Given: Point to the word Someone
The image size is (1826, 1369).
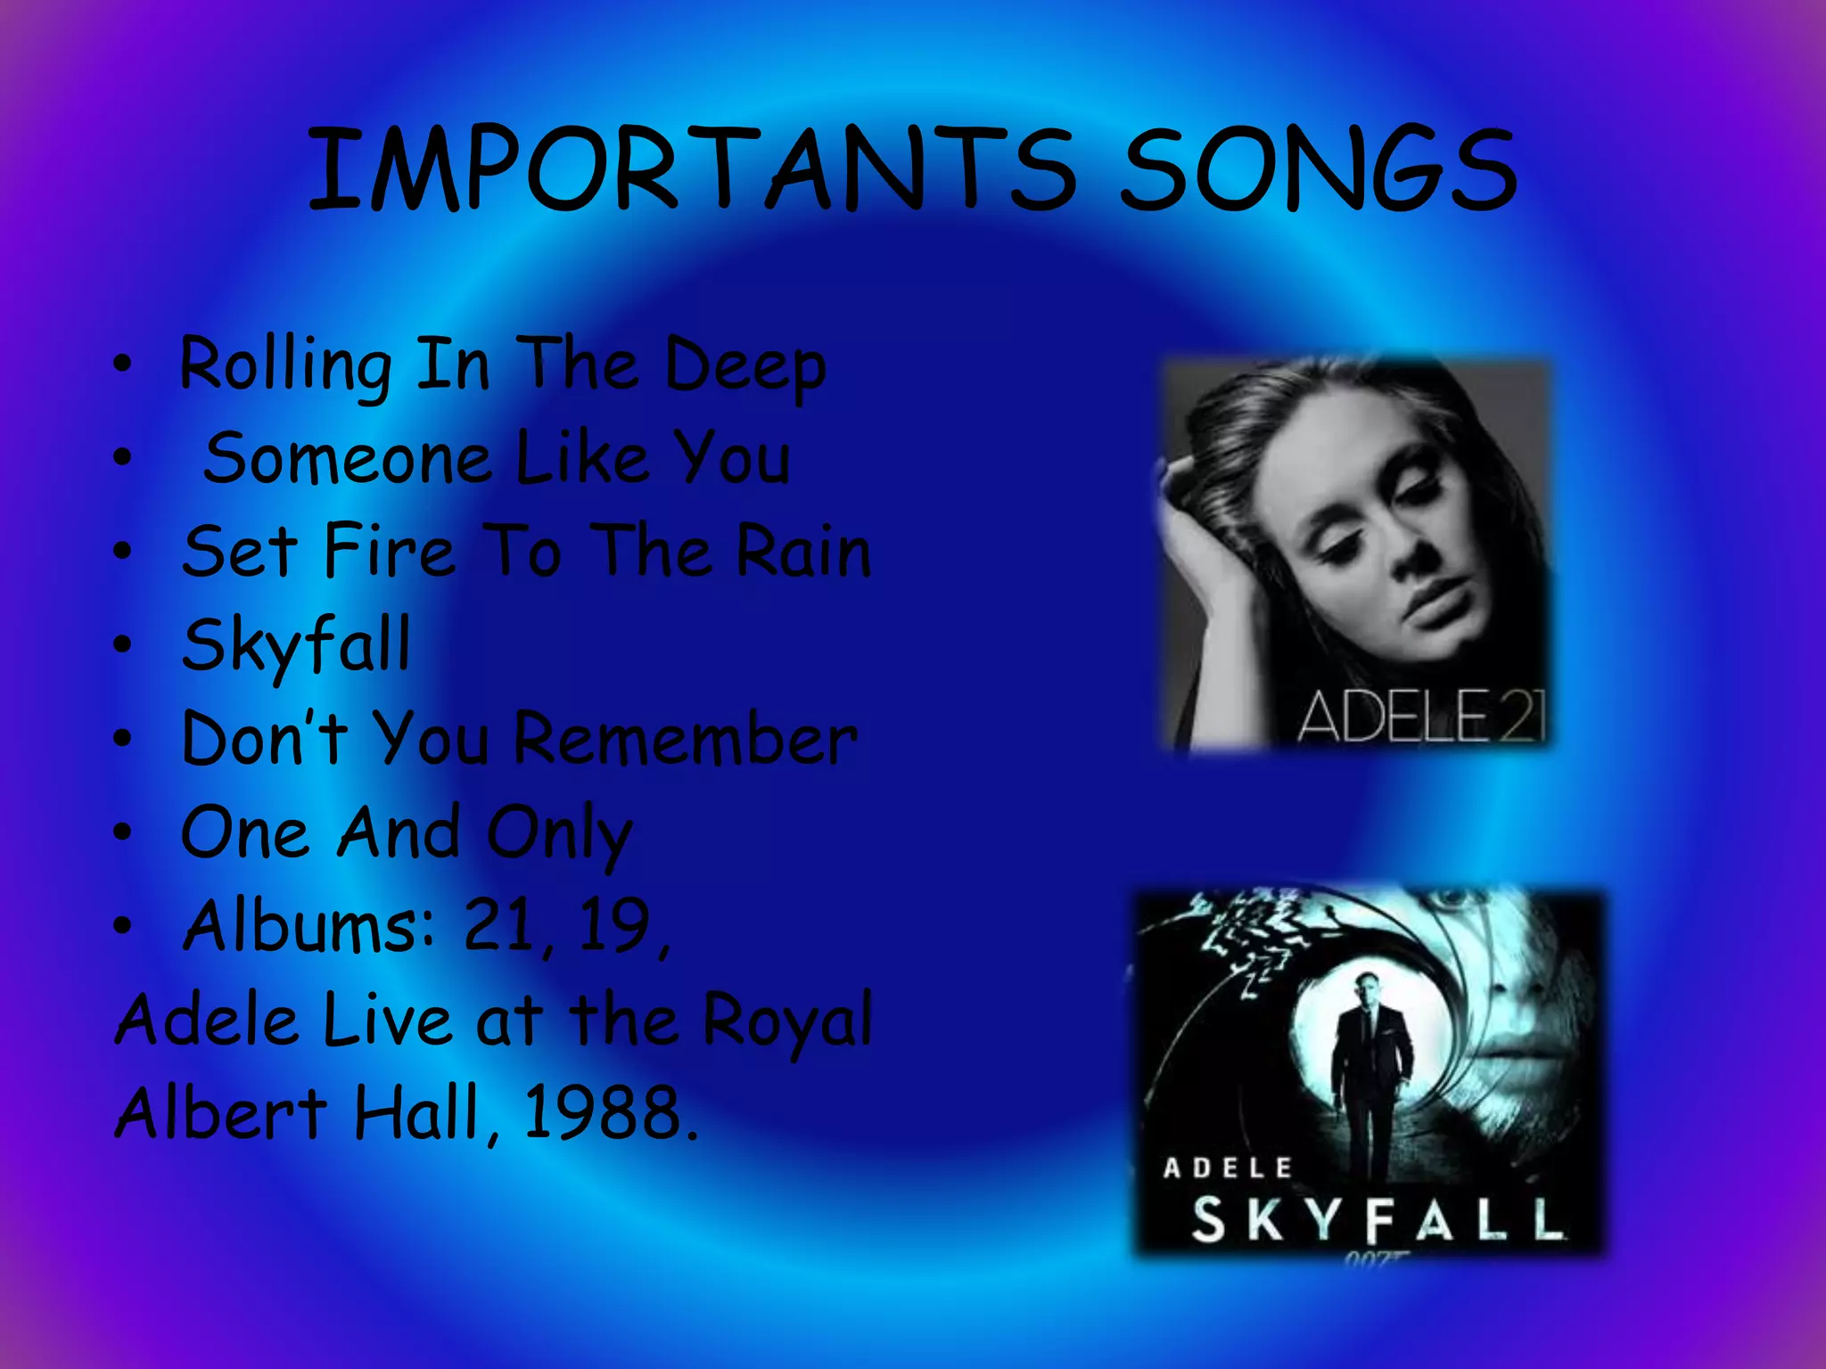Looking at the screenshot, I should coord(348,459).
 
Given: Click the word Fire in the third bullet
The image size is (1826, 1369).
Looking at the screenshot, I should coord(389,552).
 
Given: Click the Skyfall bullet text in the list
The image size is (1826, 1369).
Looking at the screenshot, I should coord(296,645).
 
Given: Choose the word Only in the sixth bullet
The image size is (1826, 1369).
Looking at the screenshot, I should coord(560,834).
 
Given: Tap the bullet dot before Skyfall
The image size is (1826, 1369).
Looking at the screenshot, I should coord(122,644).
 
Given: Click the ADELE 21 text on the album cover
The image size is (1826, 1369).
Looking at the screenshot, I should coord(1419,716).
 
